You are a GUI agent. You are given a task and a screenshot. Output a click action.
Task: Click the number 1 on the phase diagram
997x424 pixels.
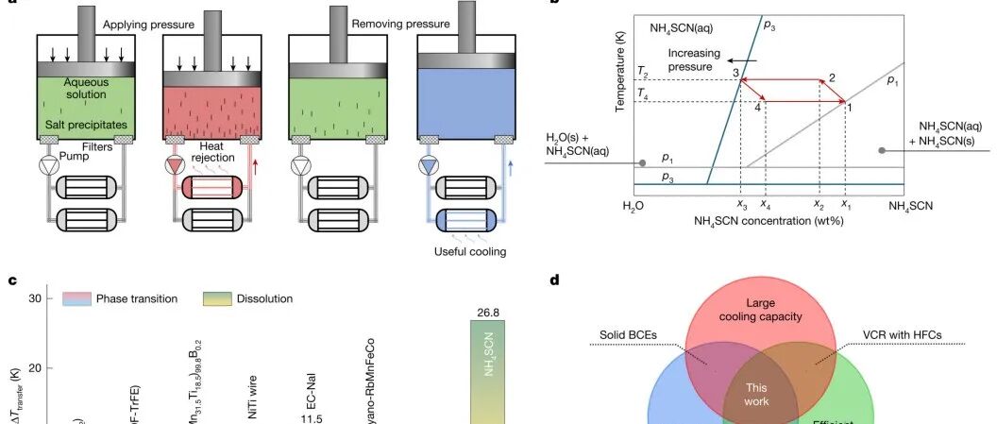849,109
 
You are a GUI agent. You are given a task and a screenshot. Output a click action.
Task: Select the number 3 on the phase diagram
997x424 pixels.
735,73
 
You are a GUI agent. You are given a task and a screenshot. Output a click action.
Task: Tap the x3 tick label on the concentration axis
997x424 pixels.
741,203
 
